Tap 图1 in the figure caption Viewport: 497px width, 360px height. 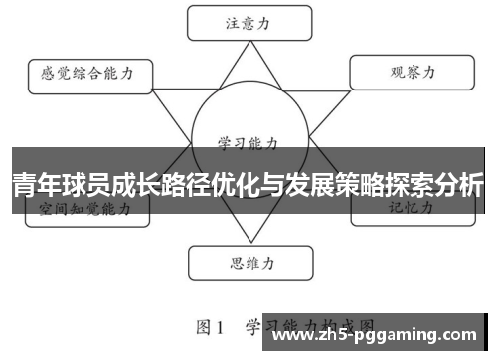213,325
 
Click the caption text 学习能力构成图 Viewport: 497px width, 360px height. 308,325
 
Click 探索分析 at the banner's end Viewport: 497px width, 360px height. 437,184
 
